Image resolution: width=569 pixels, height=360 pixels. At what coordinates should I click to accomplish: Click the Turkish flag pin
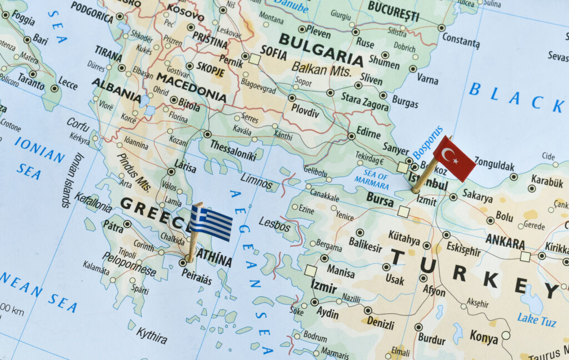click(x=453, y=158)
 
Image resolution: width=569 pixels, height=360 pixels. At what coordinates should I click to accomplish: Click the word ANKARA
click(x=505, y=242)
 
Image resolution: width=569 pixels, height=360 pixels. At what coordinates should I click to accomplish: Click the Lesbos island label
click(x=274, y=224)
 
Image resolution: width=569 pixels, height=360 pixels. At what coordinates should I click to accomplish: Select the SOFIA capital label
click(x=274, y=54)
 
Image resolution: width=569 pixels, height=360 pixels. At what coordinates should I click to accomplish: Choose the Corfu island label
click(x=78, y=124)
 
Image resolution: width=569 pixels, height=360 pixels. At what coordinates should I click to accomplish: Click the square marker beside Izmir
click(x=311, y=271)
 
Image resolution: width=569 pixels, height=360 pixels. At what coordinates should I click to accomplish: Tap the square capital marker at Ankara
click(x=525, y=256)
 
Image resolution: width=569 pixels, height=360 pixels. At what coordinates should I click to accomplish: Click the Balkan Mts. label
click(x=321, y=69)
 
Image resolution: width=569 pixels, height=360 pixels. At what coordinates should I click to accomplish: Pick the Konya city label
click(x=483, y=336)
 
